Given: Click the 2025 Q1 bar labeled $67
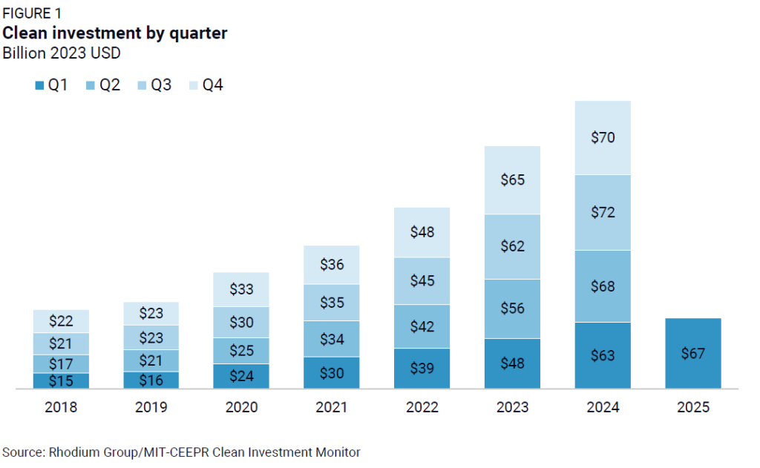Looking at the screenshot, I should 692,353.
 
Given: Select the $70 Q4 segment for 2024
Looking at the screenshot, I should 602,137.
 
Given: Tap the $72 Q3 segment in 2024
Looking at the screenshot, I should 602,212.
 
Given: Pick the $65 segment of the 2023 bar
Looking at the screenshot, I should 512,180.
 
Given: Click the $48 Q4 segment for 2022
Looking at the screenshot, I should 422,231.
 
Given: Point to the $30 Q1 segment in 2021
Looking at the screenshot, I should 331,372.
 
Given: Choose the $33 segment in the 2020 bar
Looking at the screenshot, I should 241,289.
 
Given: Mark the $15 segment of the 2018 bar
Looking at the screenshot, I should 61,380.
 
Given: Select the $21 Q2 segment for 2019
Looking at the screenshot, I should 151,360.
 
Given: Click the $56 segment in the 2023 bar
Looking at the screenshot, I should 512,309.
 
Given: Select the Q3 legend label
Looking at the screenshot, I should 161,85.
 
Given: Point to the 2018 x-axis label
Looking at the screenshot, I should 61,407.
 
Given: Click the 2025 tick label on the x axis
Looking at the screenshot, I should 692,407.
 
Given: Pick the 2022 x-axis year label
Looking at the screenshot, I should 422,407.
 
